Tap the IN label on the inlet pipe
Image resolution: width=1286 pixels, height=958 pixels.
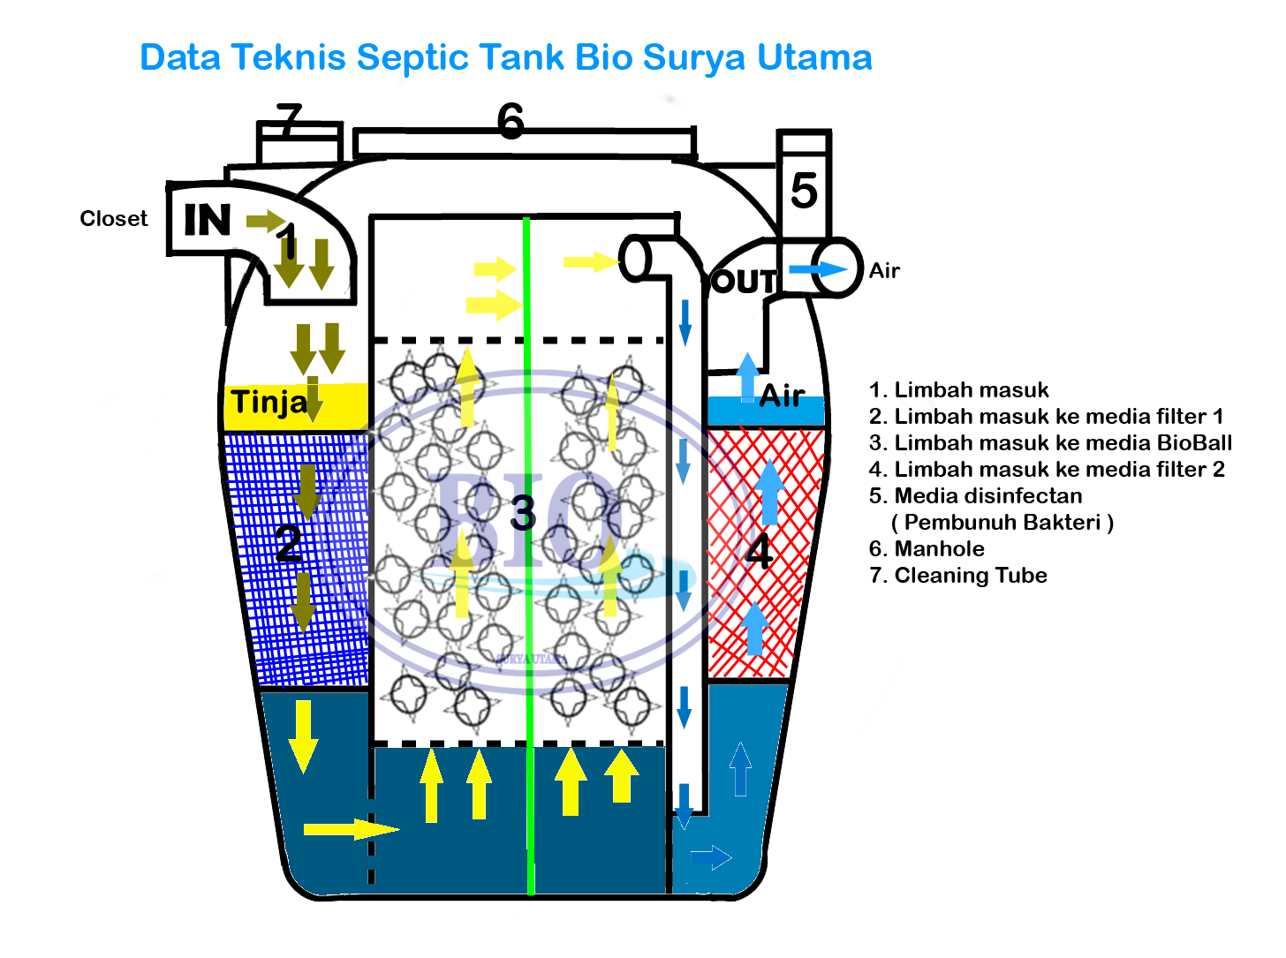point(207,220)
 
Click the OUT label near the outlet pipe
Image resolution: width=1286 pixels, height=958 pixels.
point(743,282)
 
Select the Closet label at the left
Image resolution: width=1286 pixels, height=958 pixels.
point(114,219)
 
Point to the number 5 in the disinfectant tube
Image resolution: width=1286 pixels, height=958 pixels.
point(803,191)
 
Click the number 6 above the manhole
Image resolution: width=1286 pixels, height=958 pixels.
point(511,121)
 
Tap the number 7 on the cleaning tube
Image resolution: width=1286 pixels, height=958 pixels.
point(289,120)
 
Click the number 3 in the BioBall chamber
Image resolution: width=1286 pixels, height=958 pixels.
point(523,513)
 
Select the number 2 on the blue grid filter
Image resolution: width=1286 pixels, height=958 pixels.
point(288,544)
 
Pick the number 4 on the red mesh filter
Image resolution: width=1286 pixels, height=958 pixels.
point(759,552)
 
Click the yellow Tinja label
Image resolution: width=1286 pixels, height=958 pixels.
point(269,403)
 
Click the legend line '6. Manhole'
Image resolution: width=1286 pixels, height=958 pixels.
point(927,549)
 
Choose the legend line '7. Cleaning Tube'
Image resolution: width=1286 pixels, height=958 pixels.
point(957,576)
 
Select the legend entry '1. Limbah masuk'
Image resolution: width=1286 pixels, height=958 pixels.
point(958,390)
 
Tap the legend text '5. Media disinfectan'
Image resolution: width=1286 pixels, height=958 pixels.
point(975,496)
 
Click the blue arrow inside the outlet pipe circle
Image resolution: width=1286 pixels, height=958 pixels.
point(817,269)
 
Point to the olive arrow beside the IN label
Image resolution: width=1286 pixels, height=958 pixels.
point(264,220)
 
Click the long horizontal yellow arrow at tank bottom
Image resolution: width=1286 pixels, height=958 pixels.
point(350,829)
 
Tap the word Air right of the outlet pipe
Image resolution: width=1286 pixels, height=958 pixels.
point(884,271)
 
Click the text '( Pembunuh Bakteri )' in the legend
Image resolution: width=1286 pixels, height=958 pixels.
point(1002,523)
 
